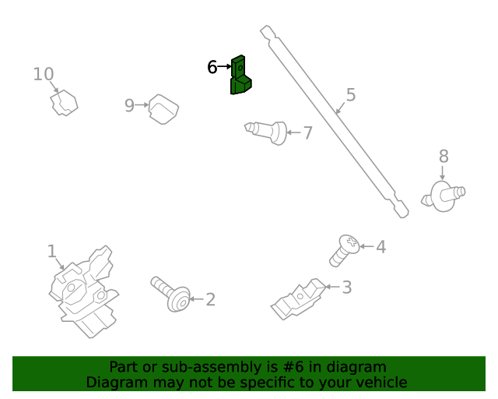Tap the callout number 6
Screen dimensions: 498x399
click(212, 67)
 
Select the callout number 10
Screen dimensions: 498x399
click(44, 74)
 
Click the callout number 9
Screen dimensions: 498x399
click(129, 105)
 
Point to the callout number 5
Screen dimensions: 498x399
click(351, 95)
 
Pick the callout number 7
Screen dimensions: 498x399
click(308, 132)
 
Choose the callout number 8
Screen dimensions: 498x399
click(444, 156)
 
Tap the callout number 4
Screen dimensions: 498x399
click(381, 247)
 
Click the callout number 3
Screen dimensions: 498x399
click(347, 288)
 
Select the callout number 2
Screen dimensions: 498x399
click(211, 299)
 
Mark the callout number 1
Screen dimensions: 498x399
click(52, 251)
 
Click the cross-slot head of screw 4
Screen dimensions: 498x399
click(350, 243)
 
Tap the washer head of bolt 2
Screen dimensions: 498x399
click(179, 299)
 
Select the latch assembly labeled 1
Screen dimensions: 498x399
click(83, 291)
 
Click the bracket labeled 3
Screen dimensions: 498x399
click(299, 299)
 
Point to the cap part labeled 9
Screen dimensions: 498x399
click(163, 109)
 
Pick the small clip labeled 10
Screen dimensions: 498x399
click(64, 103)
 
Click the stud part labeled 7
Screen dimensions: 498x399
click(266, 132)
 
